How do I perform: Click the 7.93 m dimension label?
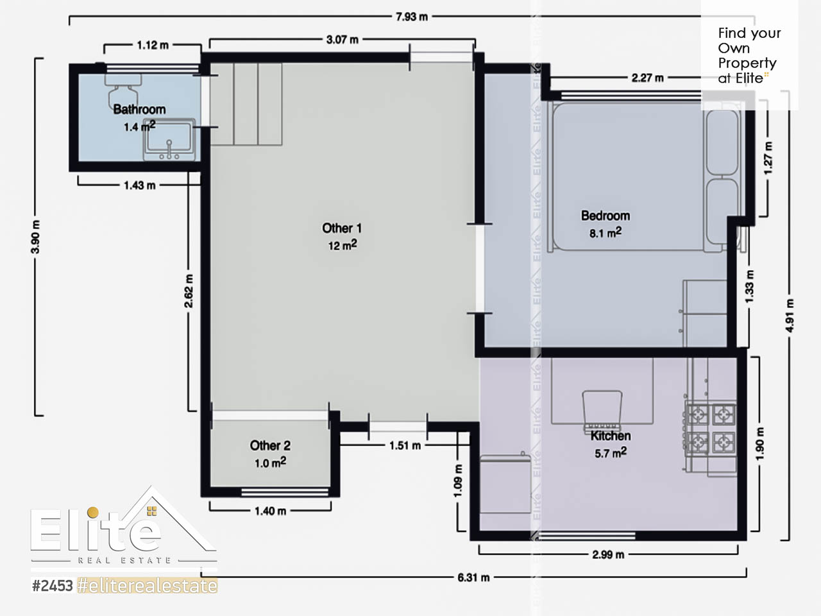[411, 17]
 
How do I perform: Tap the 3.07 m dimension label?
[343, 40]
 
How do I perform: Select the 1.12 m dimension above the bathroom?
[153, 46]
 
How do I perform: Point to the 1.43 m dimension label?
[140, 185]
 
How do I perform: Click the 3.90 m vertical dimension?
[35, 237]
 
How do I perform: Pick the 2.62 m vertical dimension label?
[189, 291]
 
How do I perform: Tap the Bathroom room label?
[140, 109]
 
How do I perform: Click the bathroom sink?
[169, 139]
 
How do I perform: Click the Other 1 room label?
[342, 228]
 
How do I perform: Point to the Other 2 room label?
[270, 445]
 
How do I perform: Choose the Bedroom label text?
[605, 216]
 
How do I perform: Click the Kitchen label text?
[611, 436]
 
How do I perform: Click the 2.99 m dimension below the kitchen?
[608, 554]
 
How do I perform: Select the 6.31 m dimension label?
[473, 577]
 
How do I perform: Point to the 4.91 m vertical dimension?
[790, 316]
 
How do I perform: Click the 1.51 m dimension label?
[405, 445]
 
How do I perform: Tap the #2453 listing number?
[53, 586]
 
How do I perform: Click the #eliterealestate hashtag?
[147, 586]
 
